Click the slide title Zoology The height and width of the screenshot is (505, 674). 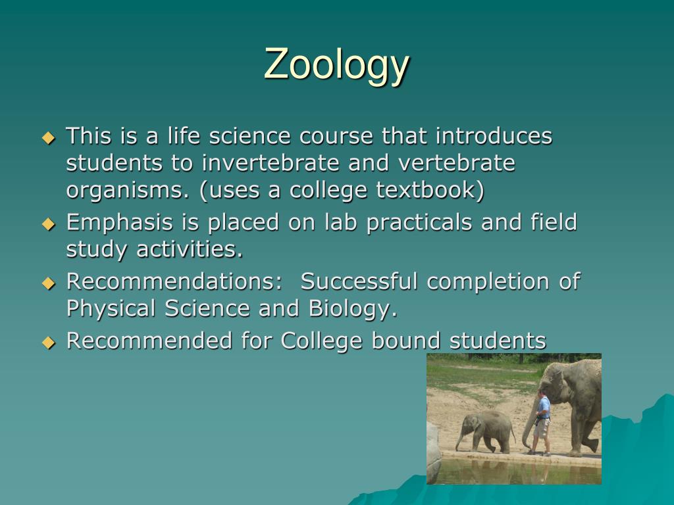pos(336,65)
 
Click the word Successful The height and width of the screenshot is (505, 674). pos(359,281)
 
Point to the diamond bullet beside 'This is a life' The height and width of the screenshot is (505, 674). pos(49,138)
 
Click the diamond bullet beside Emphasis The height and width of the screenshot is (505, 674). pos(49,224)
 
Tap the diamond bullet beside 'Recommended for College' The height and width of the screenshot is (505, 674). pos(49,342)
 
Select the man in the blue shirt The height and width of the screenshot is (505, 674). pos(542,423)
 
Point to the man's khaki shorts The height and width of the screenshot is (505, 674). pos(542,428)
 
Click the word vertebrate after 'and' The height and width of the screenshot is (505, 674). pos(457,163)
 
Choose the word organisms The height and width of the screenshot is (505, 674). pos(128,191)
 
